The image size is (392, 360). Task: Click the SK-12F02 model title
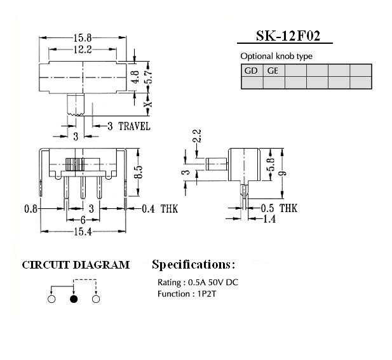[288, 36]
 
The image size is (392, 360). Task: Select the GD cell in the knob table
[252, 70]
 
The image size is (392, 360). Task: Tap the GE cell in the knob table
[274, 70]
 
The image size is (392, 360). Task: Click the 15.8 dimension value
[83, 38]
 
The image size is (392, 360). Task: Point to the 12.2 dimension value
[83, 50]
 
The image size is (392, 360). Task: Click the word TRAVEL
[134, 126]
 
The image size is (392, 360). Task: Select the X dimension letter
[149, 103]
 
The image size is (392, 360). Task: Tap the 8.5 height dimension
[138, 172]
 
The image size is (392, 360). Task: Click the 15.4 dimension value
[83, 232]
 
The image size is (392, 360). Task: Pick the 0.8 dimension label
[30, 209]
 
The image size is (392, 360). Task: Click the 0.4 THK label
[160, 209]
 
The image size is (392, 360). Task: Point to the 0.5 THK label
[279, 208]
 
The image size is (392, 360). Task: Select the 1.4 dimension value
[269, 219]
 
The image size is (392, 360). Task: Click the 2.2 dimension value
[197, 136]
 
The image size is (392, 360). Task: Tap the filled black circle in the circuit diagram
[74, 299]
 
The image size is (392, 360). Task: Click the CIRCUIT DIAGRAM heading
[76, 265]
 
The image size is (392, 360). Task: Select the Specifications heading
[194, 264]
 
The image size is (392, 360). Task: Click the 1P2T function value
[206, 294]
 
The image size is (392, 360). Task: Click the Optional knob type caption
[276, 57]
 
